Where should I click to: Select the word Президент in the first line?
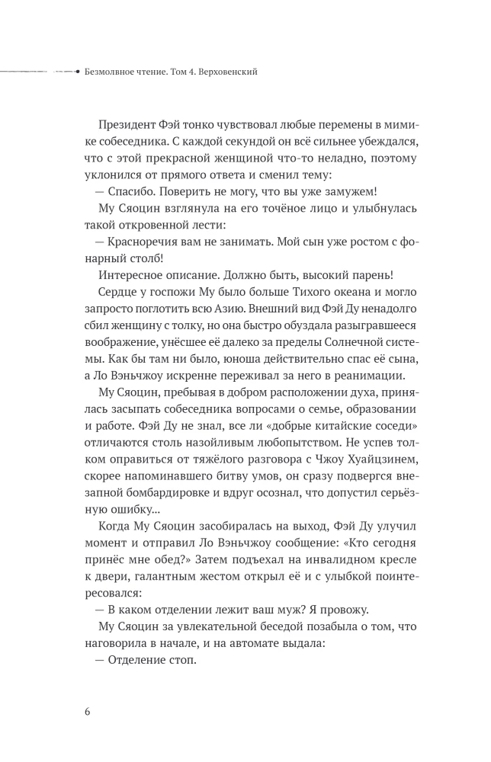(x=127, y=125)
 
